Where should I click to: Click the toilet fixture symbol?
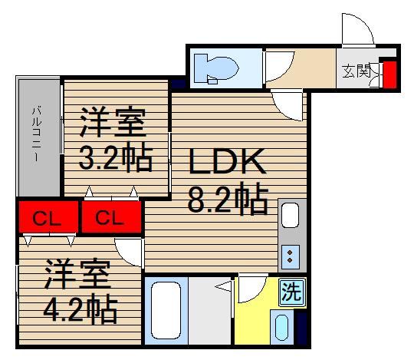(x=216, y=69)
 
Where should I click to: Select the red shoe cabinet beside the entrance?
(x=389, y=74)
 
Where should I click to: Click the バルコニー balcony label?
(x=37, y=134)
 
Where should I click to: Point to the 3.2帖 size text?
(x=116, y=158)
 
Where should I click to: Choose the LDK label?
(x=227, y=161)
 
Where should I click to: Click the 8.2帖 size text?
(x=228, y=199)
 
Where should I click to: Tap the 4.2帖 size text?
(x=80, y=309)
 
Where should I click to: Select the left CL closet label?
(x=47, y=219)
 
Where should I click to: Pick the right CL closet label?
(x=110, y=218)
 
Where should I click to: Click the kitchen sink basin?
(x=291, y=216)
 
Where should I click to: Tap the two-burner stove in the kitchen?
(x=291, y=256)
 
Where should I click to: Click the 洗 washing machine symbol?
(x=292, y=292)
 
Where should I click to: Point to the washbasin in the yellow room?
(x=281, y=327)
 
